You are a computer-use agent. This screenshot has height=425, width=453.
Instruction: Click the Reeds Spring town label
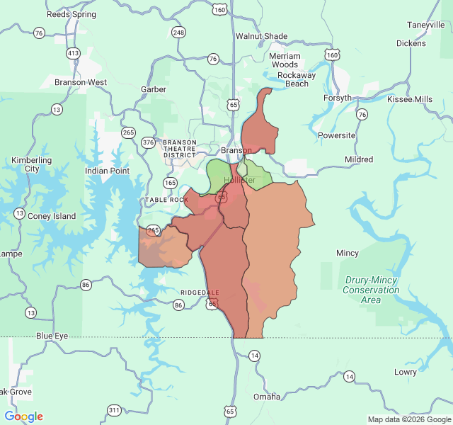71,14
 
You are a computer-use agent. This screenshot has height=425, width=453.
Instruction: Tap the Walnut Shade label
262,36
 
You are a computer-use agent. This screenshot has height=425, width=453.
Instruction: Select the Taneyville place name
425,25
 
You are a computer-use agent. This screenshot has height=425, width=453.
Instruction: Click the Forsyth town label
337,98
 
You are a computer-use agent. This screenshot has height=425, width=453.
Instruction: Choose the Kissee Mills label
410,99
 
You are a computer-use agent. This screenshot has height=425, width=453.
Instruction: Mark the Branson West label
81,82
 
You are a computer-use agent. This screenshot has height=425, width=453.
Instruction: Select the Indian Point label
107,171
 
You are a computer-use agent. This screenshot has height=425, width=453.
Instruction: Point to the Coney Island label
51,216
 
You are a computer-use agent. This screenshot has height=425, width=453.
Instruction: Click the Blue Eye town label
52,335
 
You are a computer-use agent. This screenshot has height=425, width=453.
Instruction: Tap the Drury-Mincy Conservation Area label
372,290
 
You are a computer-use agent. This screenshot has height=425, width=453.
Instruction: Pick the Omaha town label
266,396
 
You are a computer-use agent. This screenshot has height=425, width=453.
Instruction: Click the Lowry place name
406,372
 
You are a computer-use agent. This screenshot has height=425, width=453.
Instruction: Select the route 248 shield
178,33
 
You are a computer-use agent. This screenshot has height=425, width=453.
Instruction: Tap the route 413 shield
73,53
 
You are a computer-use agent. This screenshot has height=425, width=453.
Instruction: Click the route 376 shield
148,142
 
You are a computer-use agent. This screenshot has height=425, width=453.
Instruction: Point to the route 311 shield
114,410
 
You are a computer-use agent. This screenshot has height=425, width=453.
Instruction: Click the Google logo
24,416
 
